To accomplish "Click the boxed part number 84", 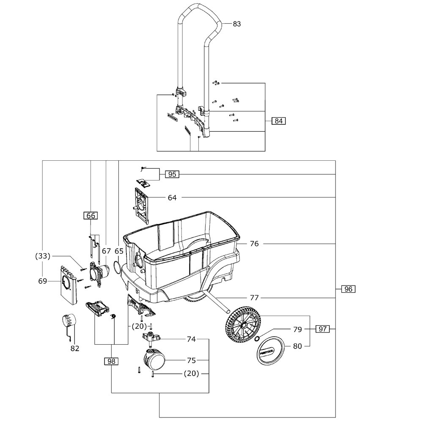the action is point(278,121).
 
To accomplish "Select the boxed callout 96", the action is point(348,289).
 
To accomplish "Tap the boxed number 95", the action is point(172,174).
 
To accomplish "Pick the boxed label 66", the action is point(91,216).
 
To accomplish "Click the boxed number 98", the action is point(111,361).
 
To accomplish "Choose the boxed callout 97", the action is point(323,329).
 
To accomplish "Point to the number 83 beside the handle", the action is point(236,24).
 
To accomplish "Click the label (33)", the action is point(43,256).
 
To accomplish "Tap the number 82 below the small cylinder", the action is point(75,349).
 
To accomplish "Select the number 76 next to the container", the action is point(254,244).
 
